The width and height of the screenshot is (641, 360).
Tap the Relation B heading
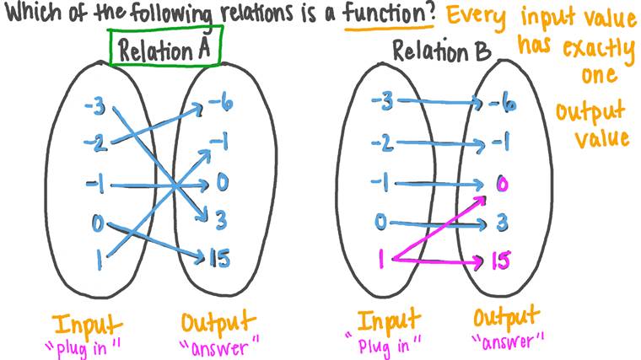click(441, 51)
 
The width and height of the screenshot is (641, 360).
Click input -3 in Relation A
click(95, 107)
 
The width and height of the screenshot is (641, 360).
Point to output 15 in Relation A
click(219, 258)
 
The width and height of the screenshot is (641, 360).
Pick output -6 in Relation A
click(221, 104)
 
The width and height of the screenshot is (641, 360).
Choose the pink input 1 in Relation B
click(381, 259)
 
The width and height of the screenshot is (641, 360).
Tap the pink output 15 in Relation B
click(500, 261)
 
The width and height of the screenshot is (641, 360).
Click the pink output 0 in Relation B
click(502, 185)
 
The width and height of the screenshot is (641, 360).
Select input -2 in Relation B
click(383, 143)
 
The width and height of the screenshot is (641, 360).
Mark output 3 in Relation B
click(502, 223)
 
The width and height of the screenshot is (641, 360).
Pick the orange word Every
click(477, 17)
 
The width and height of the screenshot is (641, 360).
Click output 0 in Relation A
click(223, 182)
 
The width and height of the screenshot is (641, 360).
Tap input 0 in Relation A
click(98, 223)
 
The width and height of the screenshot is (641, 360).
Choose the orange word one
click(600, 75)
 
